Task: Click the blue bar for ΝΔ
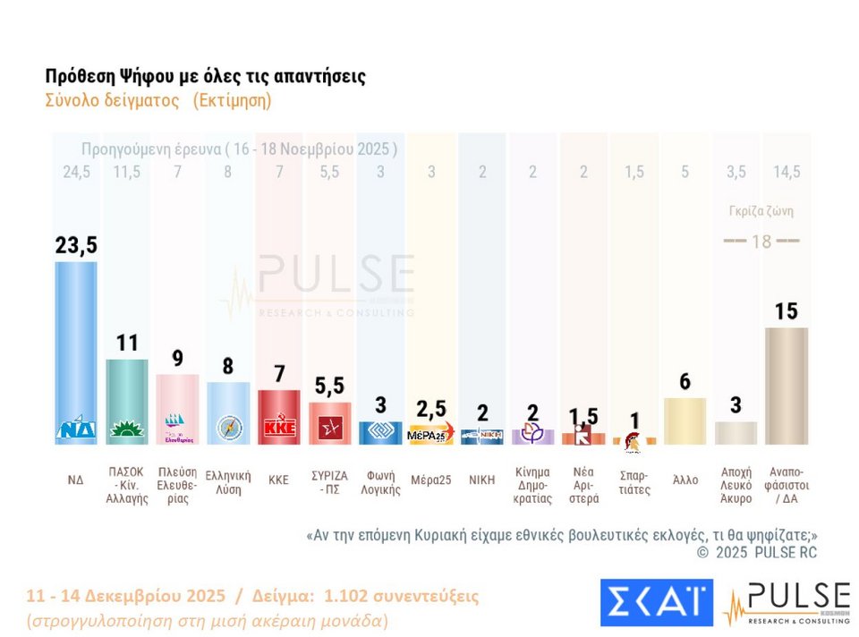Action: (x=76, y=349)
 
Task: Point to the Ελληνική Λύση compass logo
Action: (x=228, y=429)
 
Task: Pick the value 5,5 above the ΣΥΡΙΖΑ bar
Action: (x=329, y=386)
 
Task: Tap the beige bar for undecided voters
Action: (x=787, y=385)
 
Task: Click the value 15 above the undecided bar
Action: (x=787, y=311)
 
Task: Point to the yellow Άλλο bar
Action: (x=685, y=420)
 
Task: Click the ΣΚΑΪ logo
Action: (x=657, y=603)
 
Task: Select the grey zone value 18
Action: (x=761, y=242)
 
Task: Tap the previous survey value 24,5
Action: (x=76, y=173)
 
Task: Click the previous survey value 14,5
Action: (x=787, y=173)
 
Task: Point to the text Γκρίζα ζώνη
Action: (x=761, y=212)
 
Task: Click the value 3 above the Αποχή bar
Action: (x=736, y=404)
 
